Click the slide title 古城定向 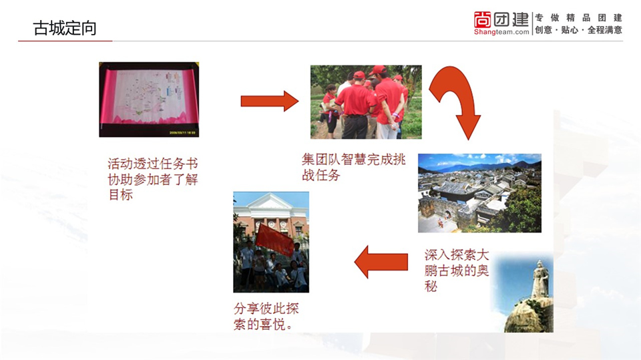pyautogui.click(x=65, y=28)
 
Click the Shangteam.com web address pyautogui.click(x=501, y=32)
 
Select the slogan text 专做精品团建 pyautogui.click(x=578, y=17)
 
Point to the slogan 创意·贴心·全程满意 pyautogui.click(x=578, y=30)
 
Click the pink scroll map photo pyautogui.click(x=149, y=100)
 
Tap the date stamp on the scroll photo pyautogui.click(x=182, y=132)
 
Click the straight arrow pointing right pyautogui.click(x=269, y=101)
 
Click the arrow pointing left pyautogui.click(x=381, y=262)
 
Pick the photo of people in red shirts pyautogui.click(x=366, y=102)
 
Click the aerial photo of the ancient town pyautogui.click(x=479, y=193)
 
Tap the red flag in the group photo pyautogui.click(x=274, y=239)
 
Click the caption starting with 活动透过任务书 pyautogui.click(x=152, y=179)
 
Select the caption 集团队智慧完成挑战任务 pyautogui.click(x=354, y=167)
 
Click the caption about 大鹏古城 pyautogui.click(x=457, y=270)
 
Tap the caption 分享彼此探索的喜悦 pyautogui.click(x=266, y=316)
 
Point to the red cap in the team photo pyautogui.click(x=359, y=75)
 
